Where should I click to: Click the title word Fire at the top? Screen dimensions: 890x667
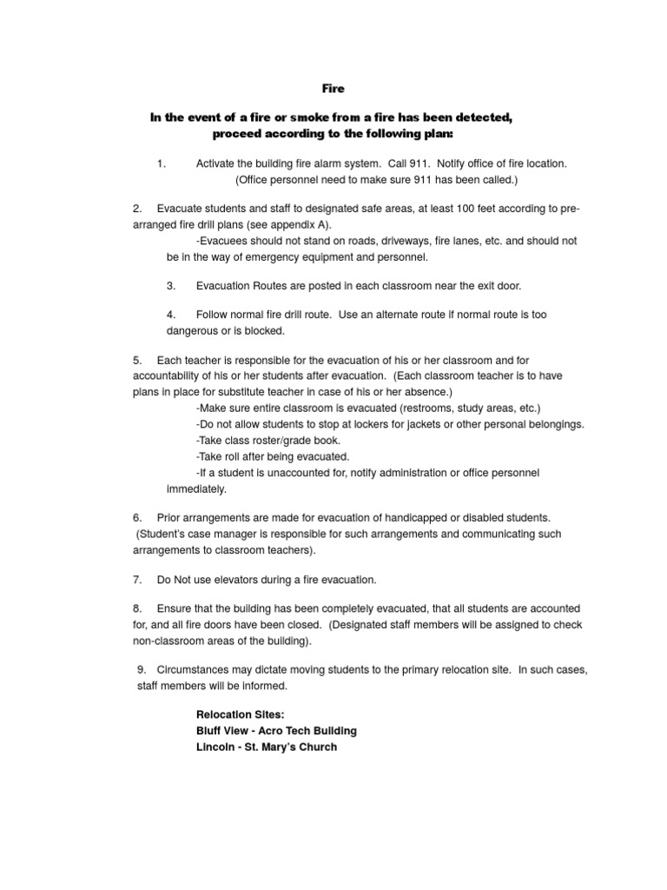[x=334, y=88]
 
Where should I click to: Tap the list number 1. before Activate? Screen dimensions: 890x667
[x=162, y=163]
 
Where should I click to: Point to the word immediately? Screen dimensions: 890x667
[x=196, y=488]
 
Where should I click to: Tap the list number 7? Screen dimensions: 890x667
[x=137, y=579]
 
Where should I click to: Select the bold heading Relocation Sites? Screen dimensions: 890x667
[x=234, y=714]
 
